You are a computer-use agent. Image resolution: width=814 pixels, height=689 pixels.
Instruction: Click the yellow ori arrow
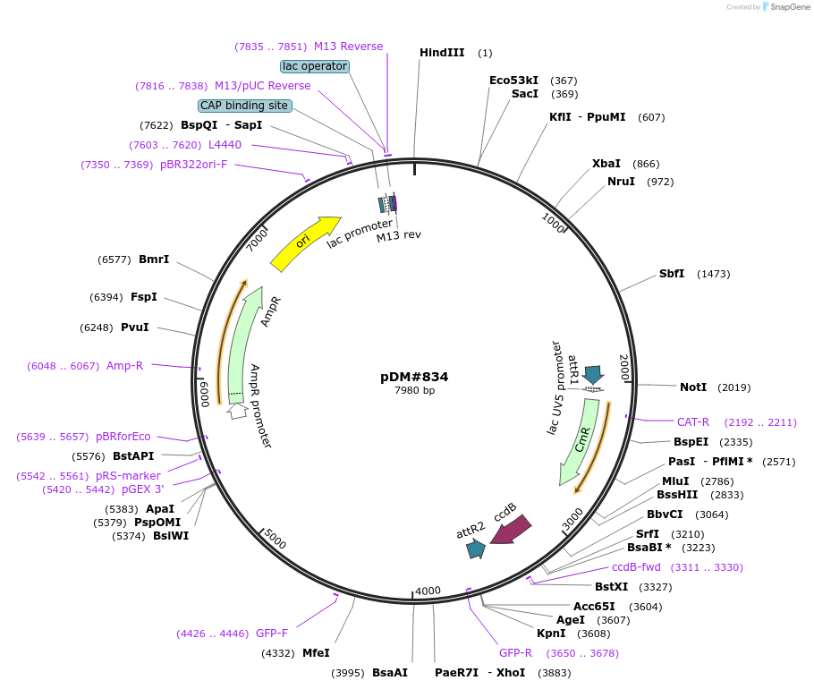tap(304, 242)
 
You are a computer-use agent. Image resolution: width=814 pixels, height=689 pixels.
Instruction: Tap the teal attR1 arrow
tap(593, 374)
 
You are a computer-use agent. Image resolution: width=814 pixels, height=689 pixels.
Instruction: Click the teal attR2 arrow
tap(476, 549)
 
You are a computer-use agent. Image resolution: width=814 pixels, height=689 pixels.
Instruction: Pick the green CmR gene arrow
tap(581, 439)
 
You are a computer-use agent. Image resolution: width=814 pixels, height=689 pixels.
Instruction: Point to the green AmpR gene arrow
tap(242, 343)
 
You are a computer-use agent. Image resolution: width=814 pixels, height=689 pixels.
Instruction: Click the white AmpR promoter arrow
tap(238, 411)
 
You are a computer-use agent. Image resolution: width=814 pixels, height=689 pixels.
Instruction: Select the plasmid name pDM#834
tap(414, 377)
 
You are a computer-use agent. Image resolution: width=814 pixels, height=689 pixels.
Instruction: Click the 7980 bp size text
tap(414, 390)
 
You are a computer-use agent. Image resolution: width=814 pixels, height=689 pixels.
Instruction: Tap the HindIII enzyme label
tap(442, 53)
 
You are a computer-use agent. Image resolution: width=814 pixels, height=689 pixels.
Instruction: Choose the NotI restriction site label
tap(693, 387)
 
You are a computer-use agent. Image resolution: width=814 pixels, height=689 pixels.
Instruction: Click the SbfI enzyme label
tap(672, 274)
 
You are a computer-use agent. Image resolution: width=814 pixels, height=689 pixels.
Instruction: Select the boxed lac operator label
tap(315, 66)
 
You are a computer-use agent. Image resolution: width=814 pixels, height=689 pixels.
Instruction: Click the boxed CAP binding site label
tap(245, 106)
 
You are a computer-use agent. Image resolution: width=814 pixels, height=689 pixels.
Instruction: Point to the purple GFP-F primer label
tap(272, 634)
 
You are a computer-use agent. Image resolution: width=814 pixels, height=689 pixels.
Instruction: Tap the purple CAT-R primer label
tap(693, 422)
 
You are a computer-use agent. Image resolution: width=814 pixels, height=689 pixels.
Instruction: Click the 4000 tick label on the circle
tap(428, 591)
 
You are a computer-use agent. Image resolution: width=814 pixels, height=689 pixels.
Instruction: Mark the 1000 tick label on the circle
tap(553, 223)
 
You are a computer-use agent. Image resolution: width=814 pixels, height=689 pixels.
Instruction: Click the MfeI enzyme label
tap(316, 653)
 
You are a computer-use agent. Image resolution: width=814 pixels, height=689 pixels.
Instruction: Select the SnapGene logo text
tap(790, 7)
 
